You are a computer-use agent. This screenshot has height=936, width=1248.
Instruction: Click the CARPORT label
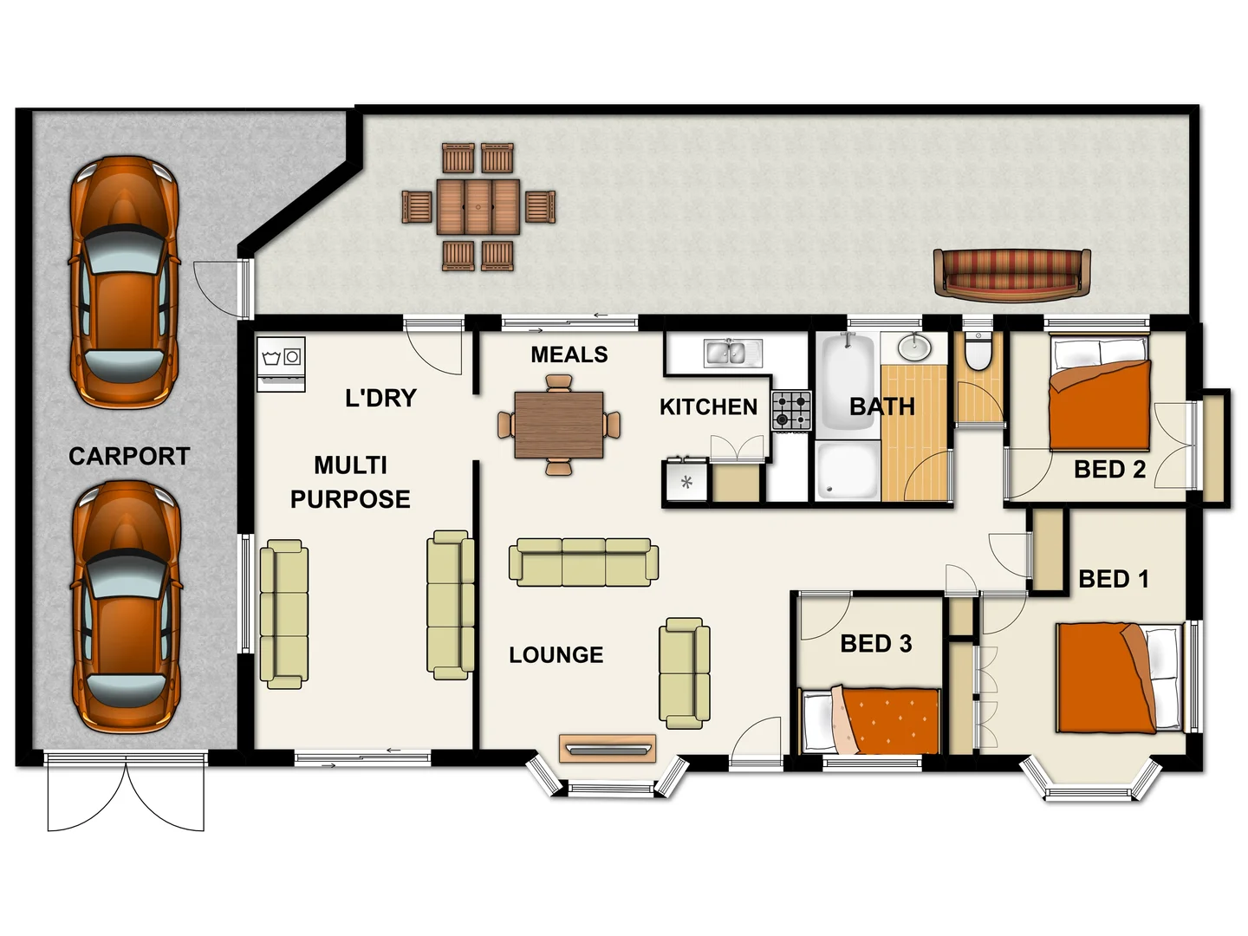129,456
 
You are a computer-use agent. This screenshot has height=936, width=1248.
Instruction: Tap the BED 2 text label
1109,469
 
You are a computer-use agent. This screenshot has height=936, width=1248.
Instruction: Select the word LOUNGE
556,654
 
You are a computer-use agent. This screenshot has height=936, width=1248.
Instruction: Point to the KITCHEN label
708,406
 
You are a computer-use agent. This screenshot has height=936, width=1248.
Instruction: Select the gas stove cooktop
791,411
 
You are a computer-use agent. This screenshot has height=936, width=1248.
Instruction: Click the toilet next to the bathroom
978,352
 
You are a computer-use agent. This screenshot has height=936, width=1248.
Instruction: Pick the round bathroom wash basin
913,348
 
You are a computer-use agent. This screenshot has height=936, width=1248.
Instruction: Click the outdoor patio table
478,206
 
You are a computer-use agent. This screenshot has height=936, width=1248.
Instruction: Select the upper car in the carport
124,282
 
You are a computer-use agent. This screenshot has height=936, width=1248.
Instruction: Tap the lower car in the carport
126,607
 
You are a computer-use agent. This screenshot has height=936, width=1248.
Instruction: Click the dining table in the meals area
559,424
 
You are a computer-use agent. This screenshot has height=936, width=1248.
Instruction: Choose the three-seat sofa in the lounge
583,562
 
